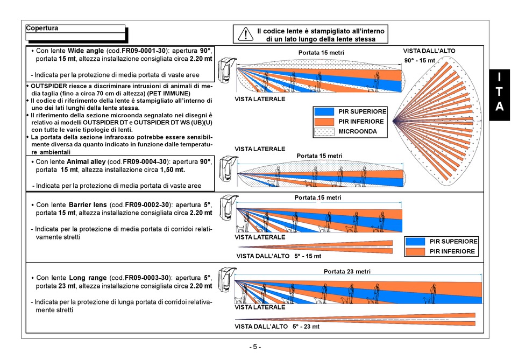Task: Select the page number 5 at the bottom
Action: tap(256, 347)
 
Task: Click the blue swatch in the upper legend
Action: tap(324, 111)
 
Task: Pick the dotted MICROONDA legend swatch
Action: tap(324, 131)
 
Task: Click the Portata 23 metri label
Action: tap(346, 272)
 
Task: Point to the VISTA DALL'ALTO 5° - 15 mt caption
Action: tap(279, 256)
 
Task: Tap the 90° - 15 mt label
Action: tap(420, 60)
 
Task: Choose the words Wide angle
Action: tap(86, 50)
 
